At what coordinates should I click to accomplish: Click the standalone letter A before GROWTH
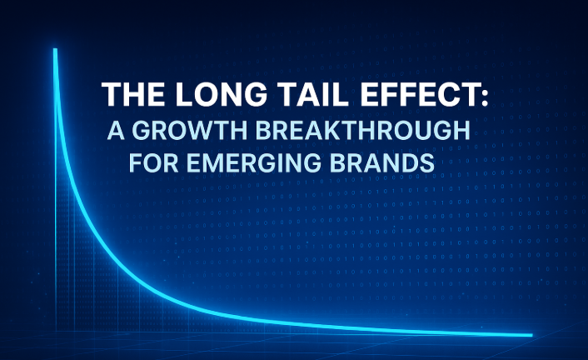pyautogui.click(x=116, y=131)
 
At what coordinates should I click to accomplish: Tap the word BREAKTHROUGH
pyautogui.click(x=362, y=131)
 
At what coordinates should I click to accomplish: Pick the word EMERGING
pyautogui.click(x=253, y=162)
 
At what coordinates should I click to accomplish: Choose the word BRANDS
pyautogui.click(x=381, y=162)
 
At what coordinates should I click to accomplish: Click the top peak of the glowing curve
pyautogui.click(x=55, y=49)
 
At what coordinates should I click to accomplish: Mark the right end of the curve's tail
pyautogui.click(x=531, y=335)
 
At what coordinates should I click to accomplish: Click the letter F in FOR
pyautogui.click(x=136, y=162)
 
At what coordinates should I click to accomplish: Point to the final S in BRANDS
pyautogui.click(x=426, y=162)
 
